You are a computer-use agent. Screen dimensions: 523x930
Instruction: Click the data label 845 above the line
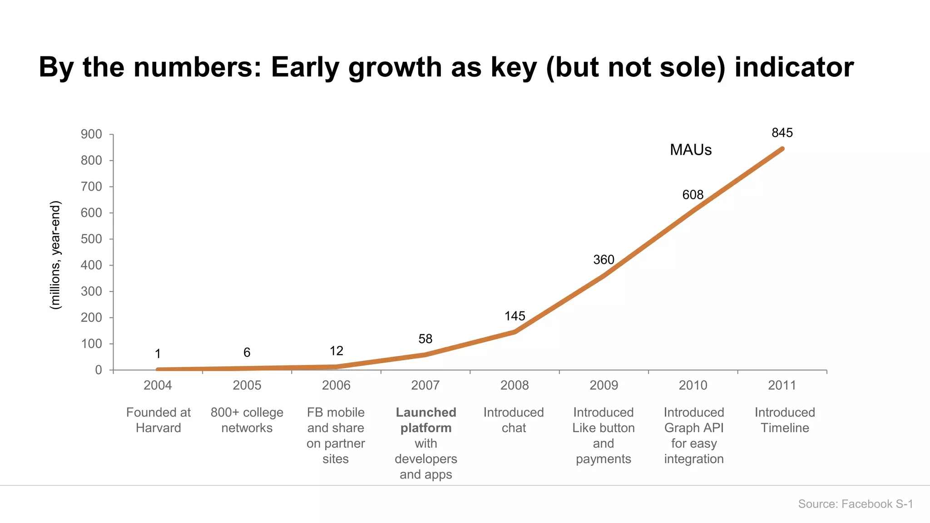[x=782, y=133]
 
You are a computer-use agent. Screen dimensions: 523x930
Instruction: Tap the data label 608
[x=693, y=195]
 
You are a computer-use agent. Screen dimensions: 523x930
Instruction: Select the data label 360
[x=604, y=260]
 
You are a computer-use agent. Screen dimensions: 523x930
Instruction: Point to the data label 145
[x=514, y=316]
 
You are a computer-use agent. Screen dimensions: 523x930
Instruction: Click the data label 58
[x=425, y=339]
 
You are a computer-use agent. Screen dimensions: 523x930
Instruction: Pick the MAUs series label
[x=690, y=150]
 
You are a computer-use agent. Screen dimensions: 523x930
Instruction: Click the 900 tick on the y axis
[x=91, y=134]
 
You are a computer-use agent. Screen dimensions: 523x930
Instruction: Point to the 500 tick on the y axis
[x=91, y=239]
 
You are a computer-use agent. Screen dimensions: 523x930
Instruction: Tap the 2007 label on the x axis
[x=425, y=385]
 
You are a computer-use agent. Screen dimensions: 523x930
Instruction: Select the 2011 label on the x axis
[x=782, y=385]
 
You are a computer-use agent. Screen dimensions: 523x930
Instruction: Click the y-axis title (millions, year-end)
[x=55, y=255]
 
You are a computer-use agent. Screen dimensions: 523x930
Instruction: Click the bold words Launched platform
[x=425, y=420]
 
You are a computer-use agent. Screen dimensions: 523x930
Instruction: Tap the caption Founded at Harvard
[x=158, y=420]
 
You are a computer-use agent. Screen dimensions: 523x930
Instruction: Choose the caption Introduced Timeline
[x=785, y=420]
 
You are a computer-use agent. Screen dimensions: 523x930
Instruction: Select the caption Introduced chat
[x=514, y=420]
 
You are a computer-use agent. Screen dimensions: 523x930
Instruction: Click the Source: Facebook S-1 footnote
[x=855, y=504]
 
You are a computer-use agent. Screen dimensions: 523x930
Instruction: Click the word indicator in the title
[x=794, y=67]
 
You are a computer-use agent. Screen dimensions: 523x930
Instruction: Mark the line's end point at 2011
[x=782, y=149]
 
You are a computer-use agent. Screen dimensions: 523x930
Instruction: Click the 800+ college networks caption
[x=247, y=420]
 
